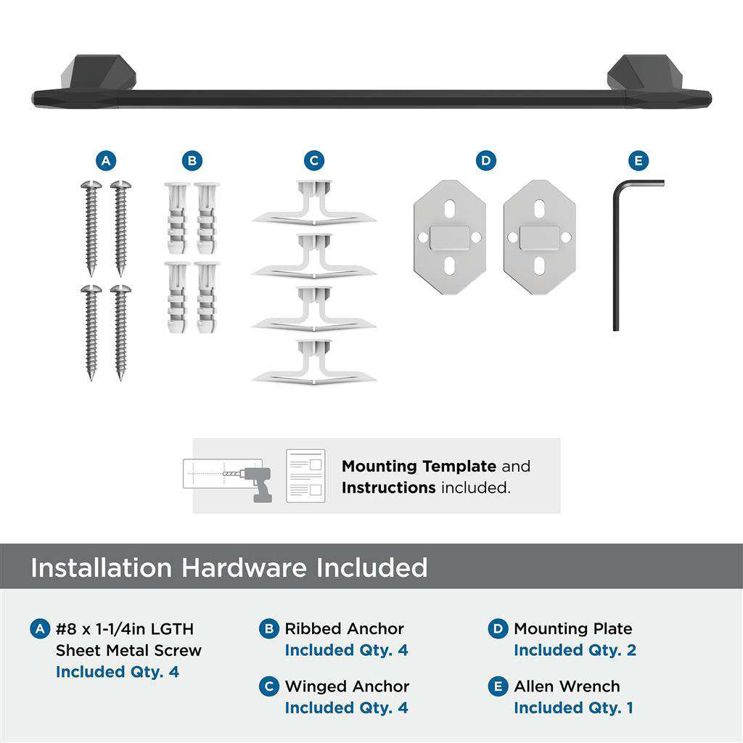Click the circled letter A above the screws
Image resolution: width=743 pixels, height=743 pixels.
click(107, 160)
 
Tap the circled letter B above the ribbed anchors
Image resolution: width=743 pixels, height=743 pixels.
click(192, 160)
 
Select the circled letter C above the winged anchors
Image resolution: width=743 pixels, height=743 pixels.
click(313, 160)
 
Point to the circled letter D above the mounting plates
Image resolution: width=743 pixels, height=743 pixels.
click(485, 160)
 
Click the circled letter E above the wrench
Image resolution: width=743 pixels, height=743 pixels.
click(638, 160)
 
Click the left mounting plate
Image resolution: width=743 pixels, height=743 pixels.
click(450, 237)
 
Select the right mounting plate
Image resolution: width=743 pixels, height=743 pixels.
click(539, 237)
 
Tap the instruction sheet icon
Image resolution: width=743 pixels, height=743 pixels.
click(305, 475)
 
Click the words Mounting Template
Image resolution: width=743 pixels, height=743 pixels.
click(419, 467)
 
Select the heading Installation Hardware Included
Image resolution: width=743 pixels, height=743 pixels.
click(229, 567)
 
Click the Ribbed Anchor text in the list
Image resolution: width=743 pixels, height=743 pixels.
click(344, 629)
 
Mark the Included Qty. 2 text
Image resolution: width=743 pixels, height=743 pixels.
click(575, 650)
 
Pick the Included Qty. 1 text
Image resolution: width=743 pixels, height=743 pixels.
click(573, 707)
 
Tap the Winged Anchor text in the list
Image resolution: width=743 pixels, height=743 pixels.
click(347, 686)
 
